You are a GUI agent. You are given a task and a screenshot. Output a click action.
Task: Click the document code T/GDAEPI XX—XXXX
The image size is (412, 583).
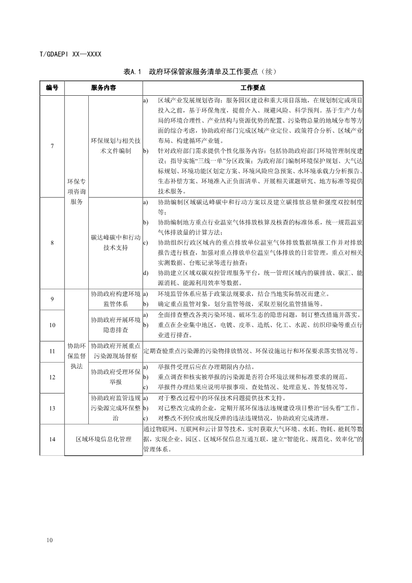pyautogui.click(x=70, y=54)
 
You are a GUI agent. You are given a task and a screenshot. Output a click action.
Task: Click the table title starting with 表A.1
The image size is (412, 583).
pyautogui.click(x=206, y=71)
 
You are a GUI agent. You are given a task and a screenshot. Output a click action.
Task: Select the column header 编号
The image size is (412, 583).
pyautogui.click(x=52, y=87)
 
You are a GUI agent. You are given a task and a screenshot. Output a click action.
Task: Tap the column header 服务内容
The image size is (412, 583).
pyautogui.click(x=103, y=87)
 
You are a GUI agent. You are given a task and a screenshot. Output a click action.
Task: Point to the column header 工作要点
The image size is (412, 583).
pyautogui.click(x=252, y=87)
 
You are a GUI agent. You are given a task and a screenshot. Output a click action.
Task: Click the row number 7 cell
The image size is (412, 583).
pyautogui.click(x=52, y=146)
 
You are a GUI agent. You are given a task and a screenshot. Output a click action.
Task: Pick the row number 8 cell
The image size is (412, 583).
pyautogui.click(x=52, y=242)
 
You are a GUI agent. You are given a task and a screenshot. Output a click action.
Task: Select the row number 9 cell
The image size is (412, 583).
pyautogui.click(x=52, y=299)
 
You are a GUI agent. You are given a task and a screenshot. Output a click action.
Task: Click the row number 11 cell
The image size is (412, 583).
pyautogui.click(x=52, y=351)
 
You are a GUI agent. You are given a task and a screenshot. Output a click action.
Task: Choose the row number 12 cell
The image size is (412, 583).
pyautogui.click(x=52, y=377)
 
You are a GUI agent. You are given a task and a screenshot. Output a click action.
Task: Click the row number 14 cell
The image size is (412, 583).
pyautogui.click(x=52, y=439)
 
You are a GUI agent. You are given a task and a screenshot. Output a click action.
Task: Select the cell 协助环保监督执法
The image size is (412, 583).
pyautogui.click(x=76, y=356)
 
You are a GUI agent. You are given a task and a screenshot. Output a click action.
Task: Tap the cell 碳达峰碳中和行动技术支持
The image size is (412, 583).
pyautogui.click(x=116, y=242)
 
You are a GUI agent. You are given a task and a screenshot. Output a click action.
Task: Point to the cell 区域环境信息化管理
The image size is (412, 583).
pyautogui.click(x=103, y=439)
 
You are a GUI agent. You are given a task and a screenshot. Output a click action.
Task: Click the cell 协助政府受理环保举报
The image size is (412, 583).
pyautogui.click(x=116, y=377)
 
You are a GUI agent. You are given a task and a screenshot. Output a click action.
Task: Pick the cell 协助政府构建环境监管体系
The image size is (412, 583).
pyautogui.click(x=116, y=299)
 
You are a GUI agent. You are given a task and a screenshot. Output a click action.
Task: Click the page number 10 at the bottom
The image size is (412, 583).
pyautogui.click(x=48, y=540)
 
